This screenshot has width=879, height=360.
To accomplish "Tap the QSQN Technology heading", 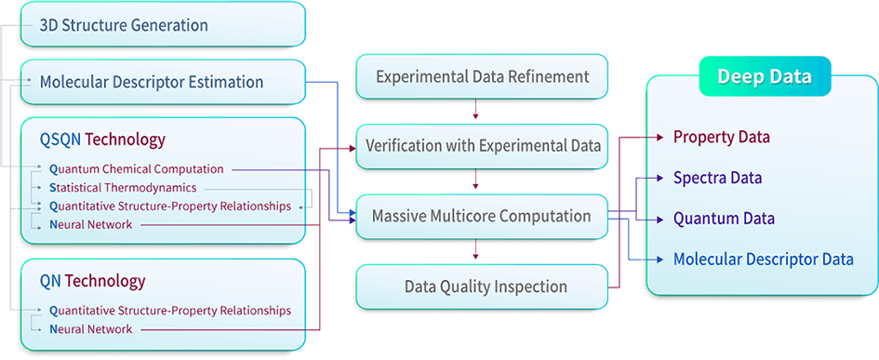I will [x=102, y=140].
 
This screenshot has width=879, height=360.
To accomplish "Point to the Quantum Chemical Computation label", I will [x=136, y=169].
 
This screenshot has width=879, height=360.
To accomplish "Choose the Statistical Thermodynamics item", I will [x=123, y=187].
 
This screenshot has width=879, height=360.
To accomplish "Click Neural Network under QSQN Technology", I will [x=90, y=224].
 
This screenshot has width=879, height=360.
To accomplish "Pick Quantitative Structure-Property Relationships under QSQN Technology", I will [x=169, y=206].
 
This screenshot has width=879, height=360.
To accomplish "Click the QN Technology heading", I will [x=92, y=280].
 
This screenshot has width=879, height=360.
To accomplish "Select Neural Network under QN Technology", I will [x=90, y=329].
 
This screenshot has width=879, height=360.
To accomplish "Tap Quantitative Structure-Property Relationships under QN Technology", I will [x=169, y=310].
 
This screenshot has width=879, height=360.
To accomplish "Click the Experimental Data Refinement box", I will [x=482, y=76].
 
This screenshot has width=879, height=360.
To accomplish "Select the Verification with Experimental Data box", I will [x=482, y=146].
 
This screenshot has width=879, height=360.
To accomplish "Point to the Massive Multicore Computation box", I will [x=482, y=216].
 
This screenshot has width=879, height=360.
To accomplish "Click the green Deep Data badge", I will [x=764, y=76].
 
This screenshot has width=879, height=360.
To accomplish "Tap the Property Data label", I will [x=722, y=137].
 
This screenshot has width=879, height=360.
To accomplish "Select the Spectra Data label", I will [x=717, y=177].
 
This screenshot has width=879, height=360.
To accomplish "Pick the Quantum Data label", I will [x=723, y=219].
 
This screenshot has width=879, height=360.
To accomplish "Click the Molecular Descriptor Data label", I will [x=763, y=260].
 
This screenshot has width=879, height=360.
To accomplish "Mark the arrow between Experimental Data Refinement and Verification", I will [x=476, y=111].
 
